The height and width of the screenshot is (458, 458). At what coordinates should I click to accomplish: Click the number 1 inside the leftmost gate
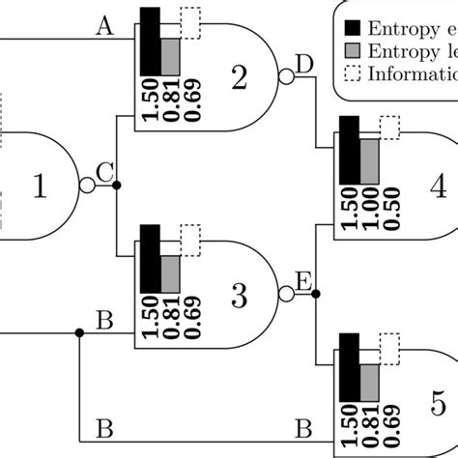coord(40,186)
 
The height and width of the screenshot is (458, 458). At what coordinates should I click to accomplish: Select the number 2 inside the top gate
coord(238,78)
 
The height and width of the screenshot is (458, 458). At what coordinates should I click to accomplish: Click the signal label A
coord(105,28)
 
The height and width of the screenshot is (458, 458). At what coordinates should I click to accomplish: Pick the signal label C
coord(106,173)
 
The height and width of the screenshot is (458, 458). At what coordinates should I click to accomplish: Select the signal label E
coord(302,281)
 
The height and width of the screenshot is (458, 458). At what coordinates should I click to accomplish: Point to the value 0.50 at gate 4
coord(388,212)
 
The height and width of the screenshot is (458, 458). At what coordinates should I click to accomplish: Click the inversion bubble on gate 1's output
coord(87,186)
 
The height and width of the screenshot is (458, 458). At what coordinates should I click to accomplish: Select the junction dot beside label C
coord(117,186)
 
